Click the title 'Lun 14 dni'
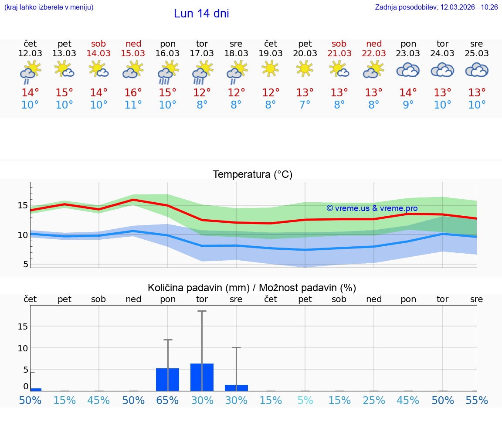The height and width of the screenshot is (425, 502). pos(201,14)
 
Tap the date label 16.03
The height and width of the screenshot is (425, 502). pos(167,53)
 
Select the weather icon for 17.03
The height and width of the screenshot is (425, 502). pos(202,72)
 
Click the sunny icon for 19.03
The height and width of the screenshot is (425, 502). pos(270,68)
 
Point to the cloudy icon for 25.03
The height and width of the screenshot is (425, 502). pos(477,70)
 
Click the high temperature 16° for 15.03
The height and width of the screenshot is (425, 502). pos(133,92)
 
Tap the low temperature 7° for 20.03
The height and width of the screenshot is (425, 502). pos(305,105)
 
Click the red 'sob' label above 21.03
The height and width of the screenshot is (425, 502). pos(339,44)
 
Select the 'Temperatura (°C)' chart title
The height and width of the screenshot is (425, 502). pos(252,174)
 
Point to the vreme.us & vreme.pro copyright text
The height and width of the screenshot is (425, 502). pos(372,208)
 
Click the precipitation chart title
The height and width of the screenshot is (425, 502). pos(252,288)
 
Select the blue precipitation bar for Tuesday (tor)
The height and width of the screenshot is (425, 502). pos(202,377)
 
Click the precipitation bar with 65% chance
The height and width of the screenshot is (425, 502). pos(167,379)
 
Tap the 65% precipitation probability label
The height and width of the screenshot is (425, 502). pos(167,400)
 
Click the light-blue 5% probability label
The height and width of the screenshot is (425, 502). pos(305,400)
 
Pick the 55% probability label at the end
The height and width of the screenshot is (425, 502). pos(477,400)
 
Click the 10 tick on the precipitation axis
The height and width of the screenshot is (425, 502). pos(23,348)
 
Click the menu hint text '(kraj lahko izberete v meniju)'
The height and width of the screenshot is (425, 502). pos(49,7)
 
